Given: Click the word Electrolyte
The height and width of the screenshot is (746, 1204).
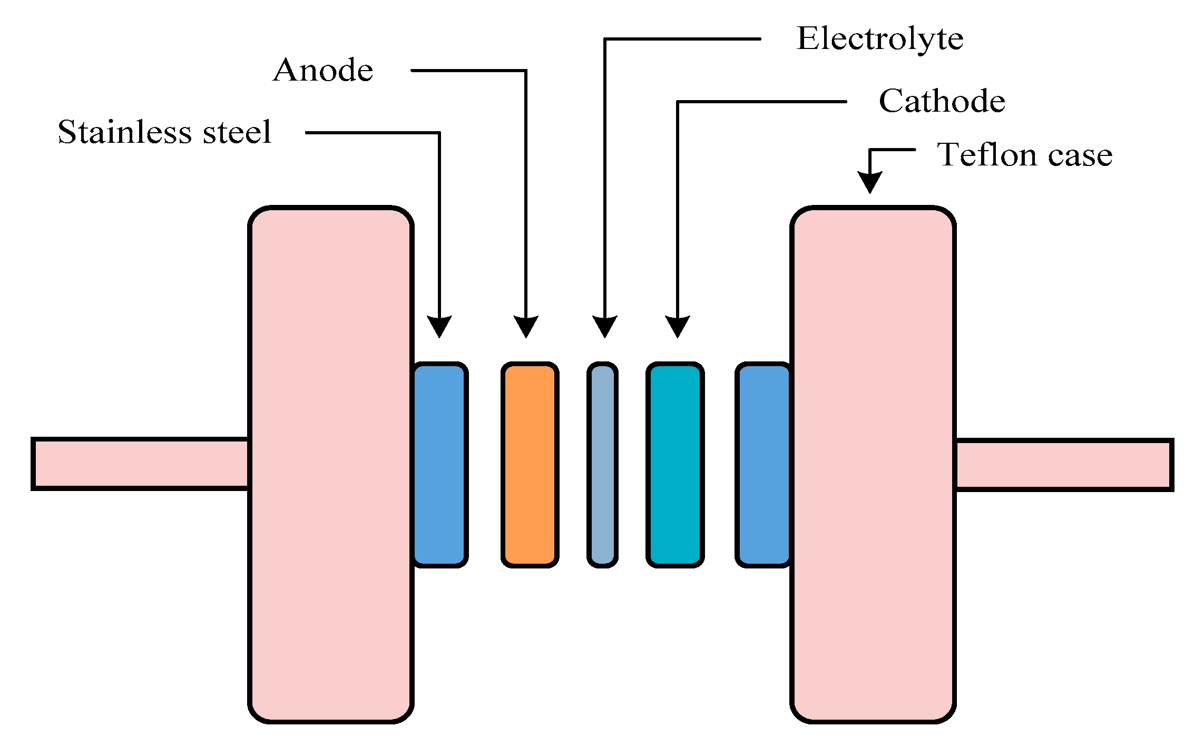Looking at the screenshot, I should click(x=879, y=40).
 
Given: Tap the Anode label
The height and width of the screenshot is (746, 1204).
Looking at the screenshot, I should click(x=322, y=71).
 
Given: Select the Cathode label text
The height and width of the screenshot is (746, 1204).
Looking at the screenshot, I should click(x=942, y=101).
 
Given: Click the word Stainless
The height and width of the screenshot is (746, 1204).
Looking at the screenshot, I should click(x=124, y=132).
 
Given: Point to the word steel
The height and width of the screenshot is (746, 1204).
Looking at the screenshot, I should click(x=237, y=132).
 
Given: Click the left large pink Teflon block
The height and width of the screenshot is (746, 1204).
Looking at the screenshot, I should click(x=330, y=464).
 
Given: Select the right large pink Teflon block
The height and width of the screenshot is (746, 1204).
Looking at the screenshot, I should click(x=873, y=464).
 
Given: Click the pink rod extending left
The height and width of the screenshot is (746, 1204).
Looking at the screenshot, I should click(x=140, y=464).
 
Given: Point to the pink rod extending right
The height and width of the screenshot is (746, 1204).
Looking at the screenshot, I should click(x=1063, y=465).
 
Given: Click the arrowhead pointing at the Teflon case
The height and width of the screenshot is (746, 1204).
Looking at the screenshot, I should click(x=869, y=182).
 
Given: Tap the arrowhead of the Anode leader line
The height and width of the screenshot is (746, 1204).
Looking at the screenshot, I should click(x=526, y=327).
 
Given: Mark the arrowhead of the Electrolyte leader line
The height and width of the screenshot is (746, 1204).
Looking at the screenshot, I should click(x=604, y=327).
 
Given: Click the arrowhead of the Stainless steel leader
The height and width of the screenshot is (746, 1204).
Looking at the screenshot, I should click(x=439, y=327).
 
